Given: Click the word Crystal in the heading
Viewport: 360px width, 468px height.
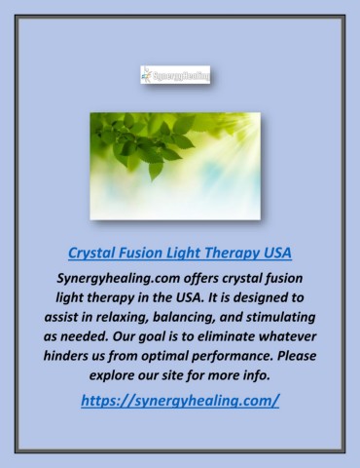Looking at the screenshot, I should [x=94, y=253].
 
